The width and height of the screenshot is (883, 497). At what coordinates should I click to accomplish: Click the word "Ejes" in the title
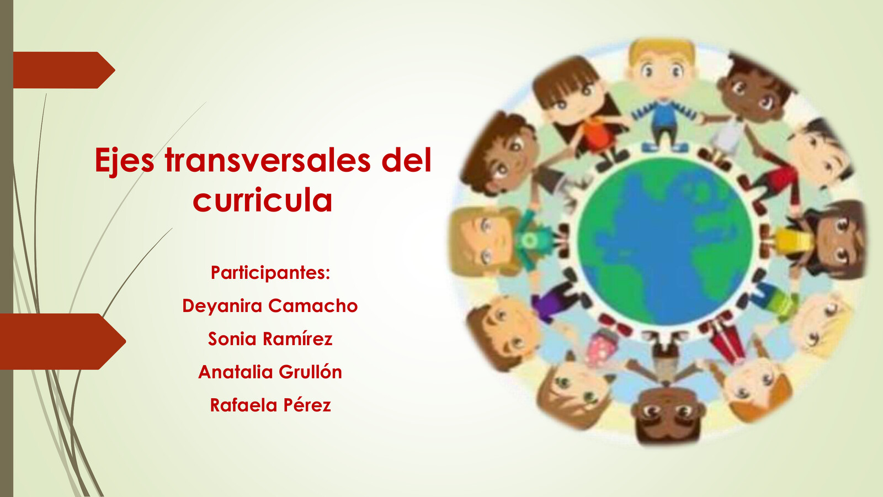(x=124, y=161)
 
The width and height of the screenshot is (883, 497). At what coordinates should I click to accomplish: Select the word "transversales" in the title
(x=268, y=161)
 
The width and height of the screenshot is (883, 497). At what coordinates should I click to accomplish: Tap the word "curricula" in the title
(x=263, y=200)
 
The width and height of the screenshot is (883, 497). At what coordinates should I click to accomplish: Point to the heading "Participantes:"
(x=270, y=273)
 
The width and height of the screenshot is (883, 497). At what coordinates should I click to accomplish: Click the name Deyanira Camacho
(x=270, y=306)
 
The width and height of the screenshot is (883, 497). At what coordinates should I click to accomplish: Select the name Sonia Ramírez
(x=270, y=339)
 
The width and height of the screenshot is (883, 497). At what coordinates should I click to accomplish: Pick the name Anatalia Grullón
(x=270, y=372)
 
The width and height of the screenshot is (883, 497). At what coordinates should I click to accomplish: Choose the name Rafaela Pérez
(x=270, y=405)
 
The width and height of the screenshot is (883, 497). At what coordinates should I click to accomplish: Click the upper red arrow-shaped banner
(x=61, y=70)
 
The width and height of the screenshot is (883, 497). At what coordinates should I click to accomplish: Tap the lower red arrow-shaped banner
(x=61, y=341)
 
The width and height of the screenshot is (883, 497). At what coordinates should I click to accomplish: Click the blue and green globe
(x=665, y=241)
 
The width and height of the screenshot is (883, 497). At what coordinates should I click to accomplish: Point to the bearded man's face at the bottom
(x=668, y=414)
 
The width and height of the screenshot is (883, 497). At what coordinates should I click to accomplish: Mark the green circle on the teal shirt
(x=529, y=241)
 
